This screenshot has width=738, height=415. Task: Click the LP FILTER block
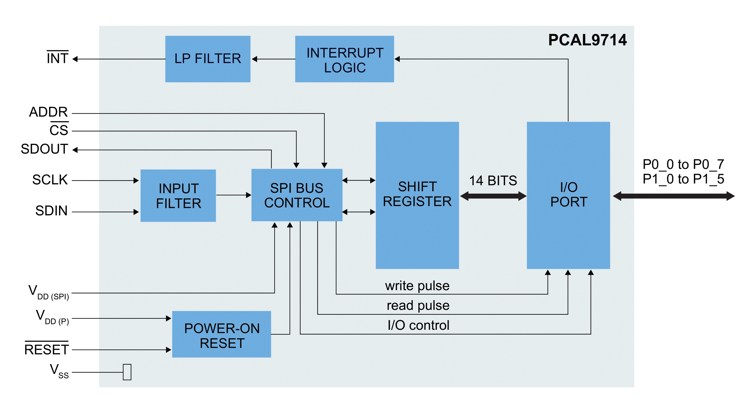(208, 59)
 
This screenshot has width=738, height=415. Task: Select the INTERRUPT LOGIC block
(344, 59)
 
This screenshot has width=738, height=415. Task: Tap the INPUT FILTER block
(178, 196)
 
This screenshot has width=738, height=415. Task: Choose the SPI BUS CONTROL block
(297, 195)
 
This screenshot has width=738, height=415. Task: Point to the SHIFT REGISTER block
(417, 195)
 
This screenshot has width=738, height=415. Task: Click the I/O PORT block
(568, 195)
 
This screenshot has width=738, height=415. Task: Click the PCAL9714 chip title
(587, 40)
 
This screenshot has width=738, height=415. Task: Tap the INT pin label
(57, 58)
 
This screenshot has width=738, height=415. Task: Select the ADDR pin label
(48, 112)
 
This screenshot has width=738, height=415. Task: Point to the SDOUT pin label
(44, 149)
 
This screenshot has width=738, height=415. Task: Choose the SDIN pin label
(52, 211)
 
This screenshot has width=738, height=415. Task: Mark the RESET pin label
(46, 349)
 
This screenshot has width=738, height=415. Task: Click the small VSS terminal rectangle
(127, 372)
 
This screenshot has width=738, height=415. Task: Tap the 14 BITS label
(493, 181)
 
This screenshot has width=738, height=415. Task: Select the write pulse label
(417, 286)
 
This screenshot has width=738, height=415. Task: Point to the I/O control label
(418, 325)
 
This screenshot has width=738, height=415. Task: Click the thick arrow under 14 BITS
(493, 196)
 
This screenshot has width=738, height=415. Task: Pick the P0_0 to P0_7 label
(683, 164)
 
